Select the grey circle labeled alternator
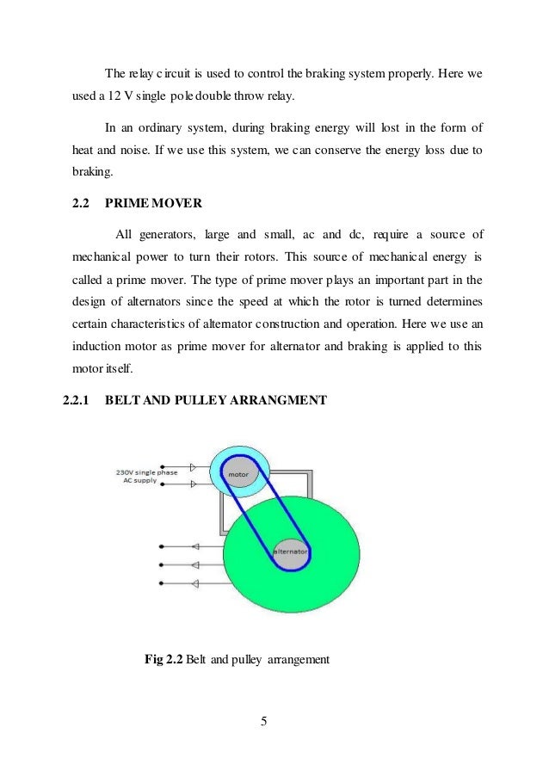[292, 550]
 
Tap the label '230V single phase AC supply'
[147, 475]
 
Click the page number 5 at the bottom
[265, 720]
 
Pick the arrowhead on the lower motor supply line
[194, 484]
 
